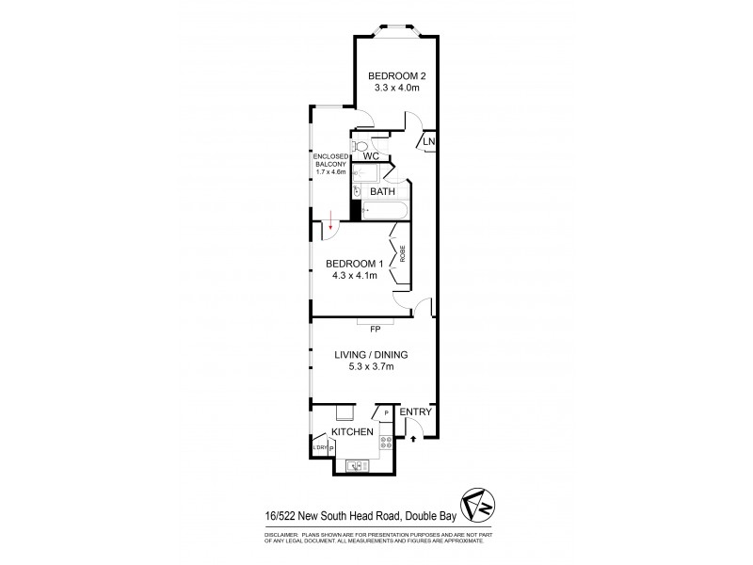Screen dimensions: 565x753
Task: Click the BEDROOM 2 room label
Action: [x=393, y=75]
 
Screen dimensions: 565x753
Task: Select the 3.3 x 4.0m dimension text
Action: [x=393, y=88]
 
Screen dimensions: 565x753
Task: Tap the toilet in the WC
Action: [x=360, y=146]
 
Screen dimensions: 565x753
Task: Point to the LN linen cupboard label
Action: [x=428, y=142]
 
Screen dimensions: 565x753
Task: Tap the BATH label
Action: [x=382, y=191]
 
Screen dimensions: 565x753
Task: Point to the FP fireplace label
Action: [x=375, y=330]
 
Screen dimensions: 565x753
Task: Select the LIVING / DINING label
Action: [x=371, y=355]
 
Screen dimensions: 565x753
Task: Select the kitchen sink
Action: [x=357, y=463]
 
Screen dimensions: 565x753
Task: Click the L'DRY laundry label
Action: [x=320, y=448]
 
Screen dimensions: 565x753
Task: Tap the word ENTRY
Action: [x=415, y=412]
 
